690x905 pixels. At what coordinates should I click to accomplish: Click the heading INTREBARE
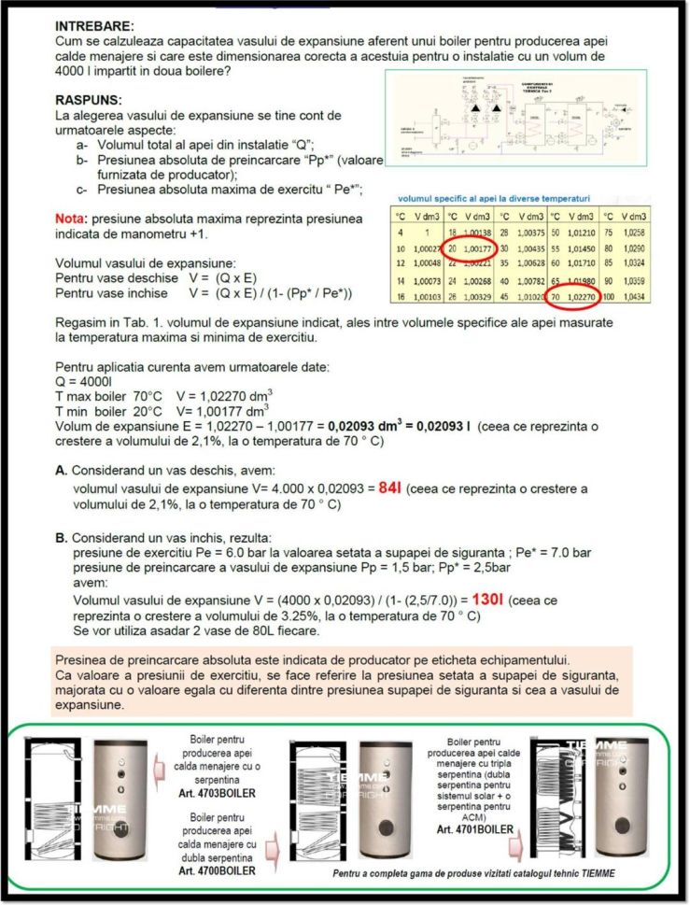click(x=94, y=27)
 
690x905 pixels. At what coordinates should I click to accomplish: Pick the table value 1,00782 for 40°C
click(x=528, y=279)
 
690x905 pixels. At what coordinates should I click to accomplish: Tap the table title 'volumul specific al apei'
click(x=494, y=199)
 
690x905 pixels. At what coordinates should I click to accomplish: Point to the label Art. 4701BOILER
click(x=473, y=827)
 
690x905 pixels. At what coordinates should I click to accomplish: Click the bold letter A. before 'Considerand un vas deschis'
click(x=61, y=471)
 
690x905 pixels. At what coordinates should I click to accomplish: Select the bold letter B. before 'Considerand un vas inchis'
click(x=61, y=538)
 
